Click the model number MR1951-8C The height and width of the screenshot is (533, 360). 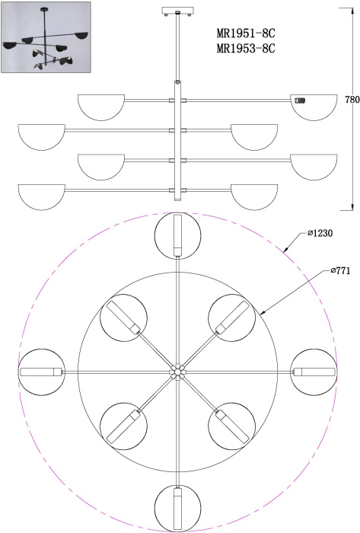(246, 34)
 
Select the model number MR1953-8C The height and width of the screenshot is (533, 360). (246, 48)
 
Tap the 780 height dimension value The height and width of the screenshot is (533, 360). (352, 100)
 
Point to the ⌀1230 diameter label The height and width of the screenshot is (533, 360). (320, 233)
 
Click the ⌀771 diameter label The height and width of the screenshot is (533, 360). (340, 271)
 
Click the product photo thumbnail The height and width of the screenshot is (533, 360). (46, 37)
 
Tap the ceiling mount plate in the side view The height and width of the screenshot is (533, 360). (177, 11)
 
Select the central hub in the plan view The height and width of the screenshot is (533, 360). (177, 372)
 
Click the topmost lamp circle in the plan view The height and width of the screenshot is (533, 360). (177, 213)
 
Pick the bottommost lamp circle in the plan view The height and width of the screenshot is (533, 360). (177, 531)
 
